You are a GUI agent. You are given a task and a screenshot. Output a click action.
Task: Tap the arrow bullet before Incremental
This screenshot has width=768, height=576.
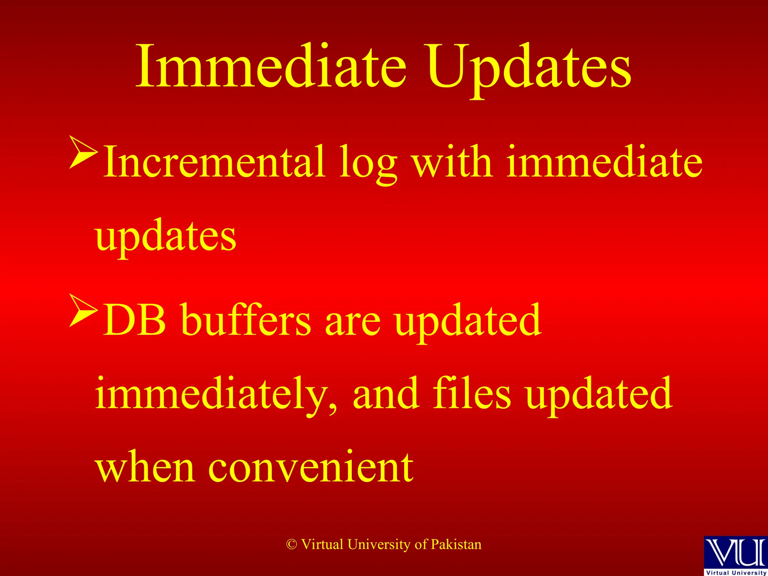(83, 152)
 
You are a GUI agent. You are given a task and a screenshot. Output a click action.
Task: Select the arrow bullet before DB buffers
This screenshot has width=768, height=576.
(83, 310)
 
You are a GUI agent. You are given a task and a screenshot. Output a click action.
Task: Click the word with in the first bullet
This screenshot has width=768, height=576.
(452, 162)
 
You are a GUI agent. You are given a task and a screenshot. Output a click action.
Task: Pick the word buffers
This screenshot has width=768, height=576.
(246, 320)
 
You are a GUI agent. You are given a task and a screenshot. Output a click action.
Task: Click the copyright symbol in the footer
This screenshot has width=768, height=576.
(292, 544)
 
